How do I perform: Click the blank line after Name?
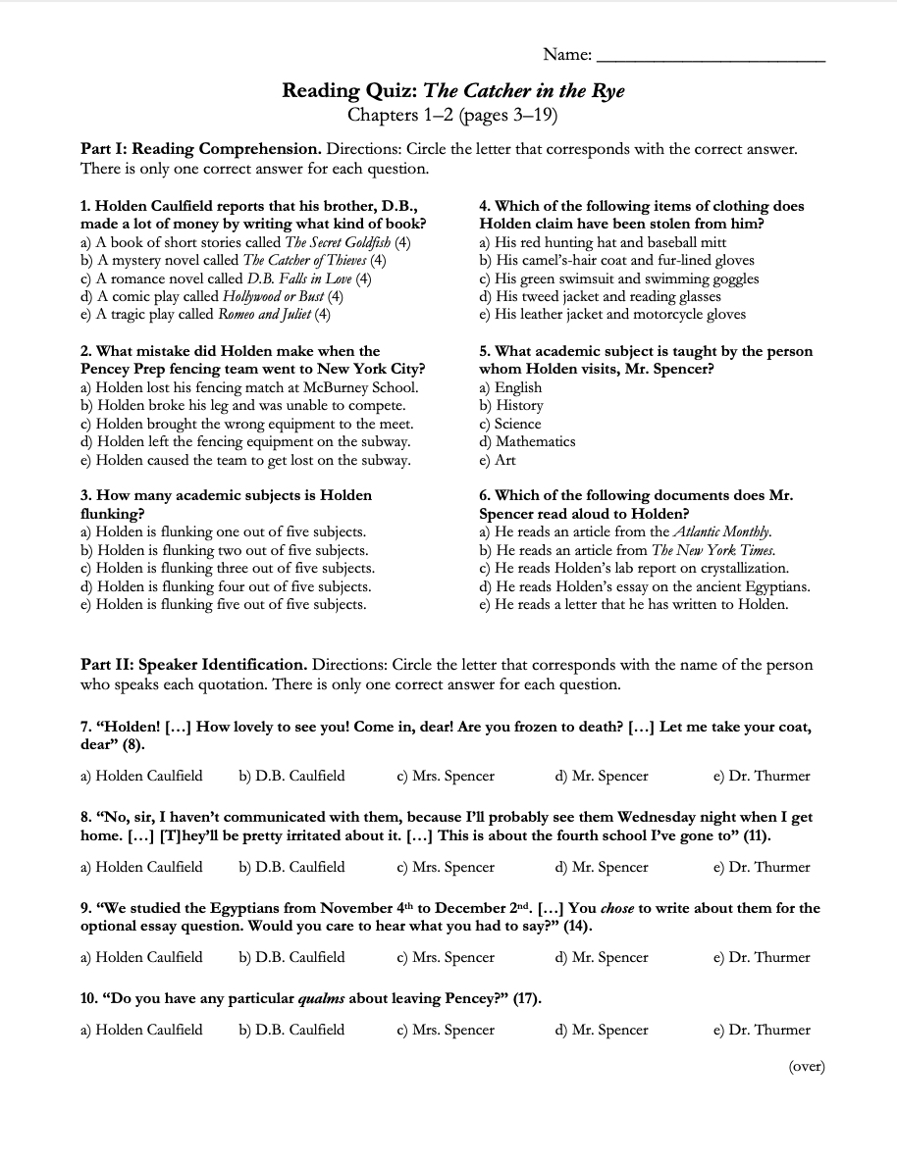point(711,56)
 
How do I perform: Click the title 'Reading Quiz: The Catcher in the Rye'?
point(453,91)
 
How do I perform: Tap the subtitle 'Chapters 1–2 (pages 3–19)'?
point(453,115)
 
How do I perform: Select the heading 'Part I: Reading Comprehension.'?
point(200,149)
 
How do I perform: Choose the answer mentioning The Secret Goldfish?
point(245,242)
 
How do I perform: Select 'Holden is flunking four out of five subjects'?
point(225,586)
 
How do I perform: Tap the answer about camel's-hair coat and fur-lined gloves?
point(616,260)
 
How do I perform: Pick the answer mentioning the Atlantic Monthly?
point(625,531)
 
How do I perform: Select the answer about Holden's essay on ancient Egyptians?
point(645,586)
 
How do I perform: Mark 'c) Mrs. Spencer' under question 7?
point(446,776)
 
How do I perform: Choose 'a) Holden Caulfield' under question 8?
point(141,867)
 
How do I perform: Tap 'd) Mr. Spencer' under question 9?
point(602,957)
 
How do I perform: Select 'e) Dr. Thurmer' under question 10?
point(762,1030)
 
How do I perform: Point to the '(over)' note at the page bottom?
point(806,1067)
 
